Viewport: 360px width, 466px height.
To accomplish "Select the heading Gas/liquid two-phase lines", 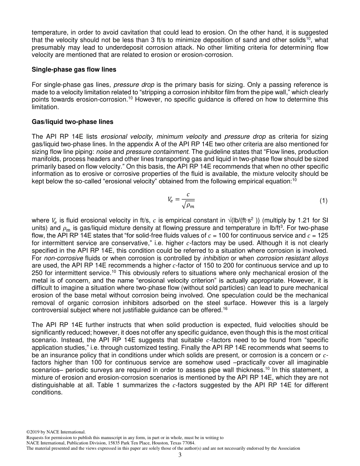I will (72, 122).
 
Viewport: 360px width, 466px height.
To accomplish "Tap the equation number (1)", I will (323, 201).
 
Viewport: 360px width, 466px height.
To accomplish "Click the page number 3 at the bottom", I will (180, 455).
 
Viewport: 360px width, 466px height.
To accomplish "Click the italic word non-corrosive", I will (56, 258).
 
